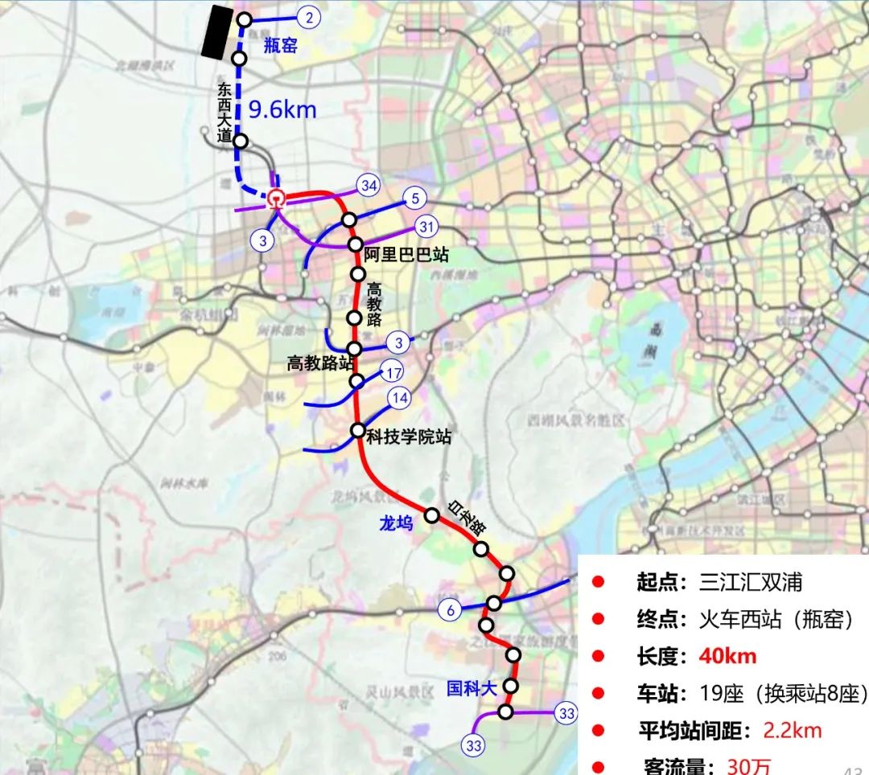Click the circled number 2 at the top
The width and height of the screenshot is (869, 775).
[x=309, y=17]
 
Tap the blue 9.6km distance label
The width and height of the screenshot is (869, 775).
[x=282, y=109]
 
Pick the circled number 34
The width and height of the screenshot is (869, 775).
[x=369, y=187]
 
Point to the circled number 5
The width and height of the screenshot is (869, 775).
[x=415, y=197]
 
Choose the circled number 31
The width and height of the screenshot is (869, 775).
[x=426, y=227]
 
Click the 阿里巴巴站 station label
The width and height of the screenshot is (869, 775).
[x=406, y=255]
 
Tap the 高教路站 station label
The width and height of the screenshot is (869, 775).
[x=320, y=363]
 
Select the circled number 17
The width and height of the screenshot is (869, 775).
[x=393, y=373]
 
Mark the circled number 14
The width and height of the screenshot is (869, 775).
[x=399, y=397]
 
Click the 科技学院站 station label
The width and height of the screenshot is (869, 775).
[x=408, y=437]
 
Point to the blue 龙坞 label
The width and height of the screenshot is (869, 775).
[x=396, y=523]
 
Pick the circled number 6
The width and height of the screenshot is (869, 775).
[x=451, y=610]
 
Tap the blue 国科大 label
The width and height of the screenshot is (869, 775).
[x=472, y=688]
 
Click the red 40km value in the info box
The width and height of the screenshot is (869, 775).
[x=727, y=656]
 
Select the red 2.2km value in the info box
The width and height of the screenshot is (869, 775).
[x=793, y=730]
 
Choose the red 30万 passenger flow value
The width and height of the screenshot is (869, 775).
[x=748, y=766]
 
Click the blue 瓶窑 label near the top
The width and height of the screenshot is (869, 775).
[x=281, y=47]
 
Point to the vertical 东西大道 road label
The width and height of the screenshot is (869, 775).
[x=224, y=112]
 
